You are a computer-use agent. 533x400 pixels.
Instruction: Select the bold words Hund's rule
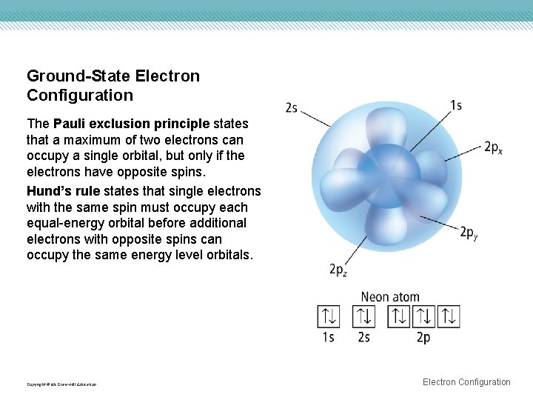coord(63,191)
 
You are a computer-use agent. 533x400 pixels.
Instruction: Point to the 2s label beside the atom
coord(292,108)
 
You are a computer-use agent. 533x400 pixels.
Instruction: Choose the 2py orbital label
coord(469,233)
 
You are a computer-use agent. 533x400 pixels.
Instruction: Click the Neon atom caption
coord(390,297)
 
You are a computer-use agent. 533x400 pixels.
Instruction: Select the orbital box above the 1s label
coord(328,316)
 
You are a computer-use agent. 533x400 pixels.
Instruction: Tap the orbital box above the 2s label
coord(364,316)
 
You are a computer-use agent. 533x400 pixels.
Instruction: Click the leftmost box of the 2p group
coord(400,316)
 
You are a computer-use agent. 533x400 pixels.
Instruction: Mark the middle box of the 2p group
coord(424,316)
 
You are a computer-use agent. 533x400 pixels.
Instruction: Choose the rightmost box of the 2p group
coord(449,316)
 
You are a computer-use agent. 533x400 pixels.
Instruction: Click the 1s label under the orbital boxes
coord(328,337)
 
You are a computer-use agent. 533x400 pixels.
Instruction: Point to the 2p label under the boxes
coord(423,338)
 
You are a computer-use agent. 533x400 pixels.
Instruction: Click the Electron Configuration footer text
coord(466,382)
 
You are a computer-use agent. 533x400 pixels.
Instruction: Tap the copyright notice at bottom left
coord(61,384)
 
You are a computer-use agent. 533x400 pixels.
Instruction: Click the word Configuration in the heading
coord(80,96)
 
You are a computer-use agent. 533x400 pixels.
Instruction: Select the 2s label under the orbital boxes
coord(364,337)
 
